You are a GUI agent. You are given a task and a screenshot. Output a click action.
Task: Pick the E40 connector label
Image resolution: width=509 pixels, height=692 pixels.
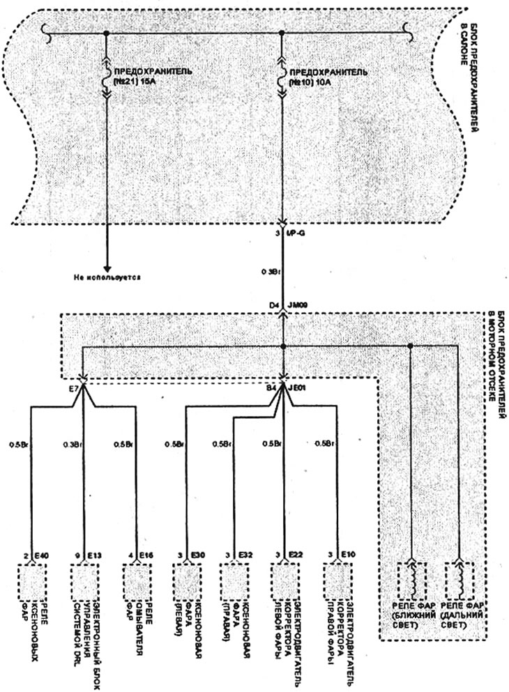pos(44,555)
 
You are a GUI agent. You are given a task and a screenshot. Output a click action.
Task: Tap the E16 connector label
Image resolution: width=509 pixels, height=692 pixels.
pos(146,555)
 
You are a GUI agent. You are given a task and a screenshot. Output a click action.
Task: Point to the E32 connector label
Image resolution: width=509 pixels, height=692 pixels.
pos(247,555)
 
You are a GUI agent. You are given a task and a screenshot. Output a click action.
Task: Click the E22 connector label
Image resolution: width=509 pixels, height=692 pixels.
pos(298,555)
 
